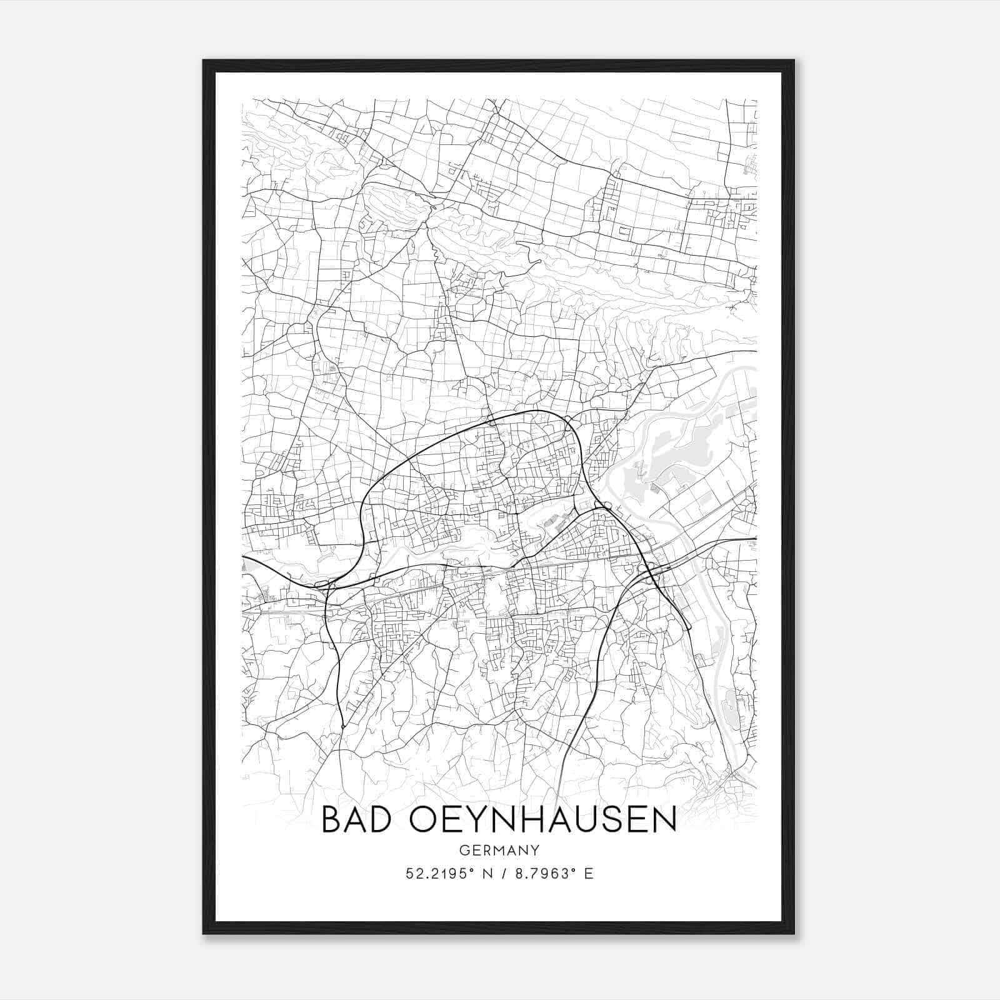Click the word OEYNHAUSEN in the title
pos(543,820)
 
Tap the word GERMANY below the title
pos(499,850)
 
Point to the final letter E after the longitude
pos(588,874)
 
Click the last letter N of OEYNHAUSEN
pos(666,820)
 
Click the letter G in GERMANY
pos(464,850)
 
